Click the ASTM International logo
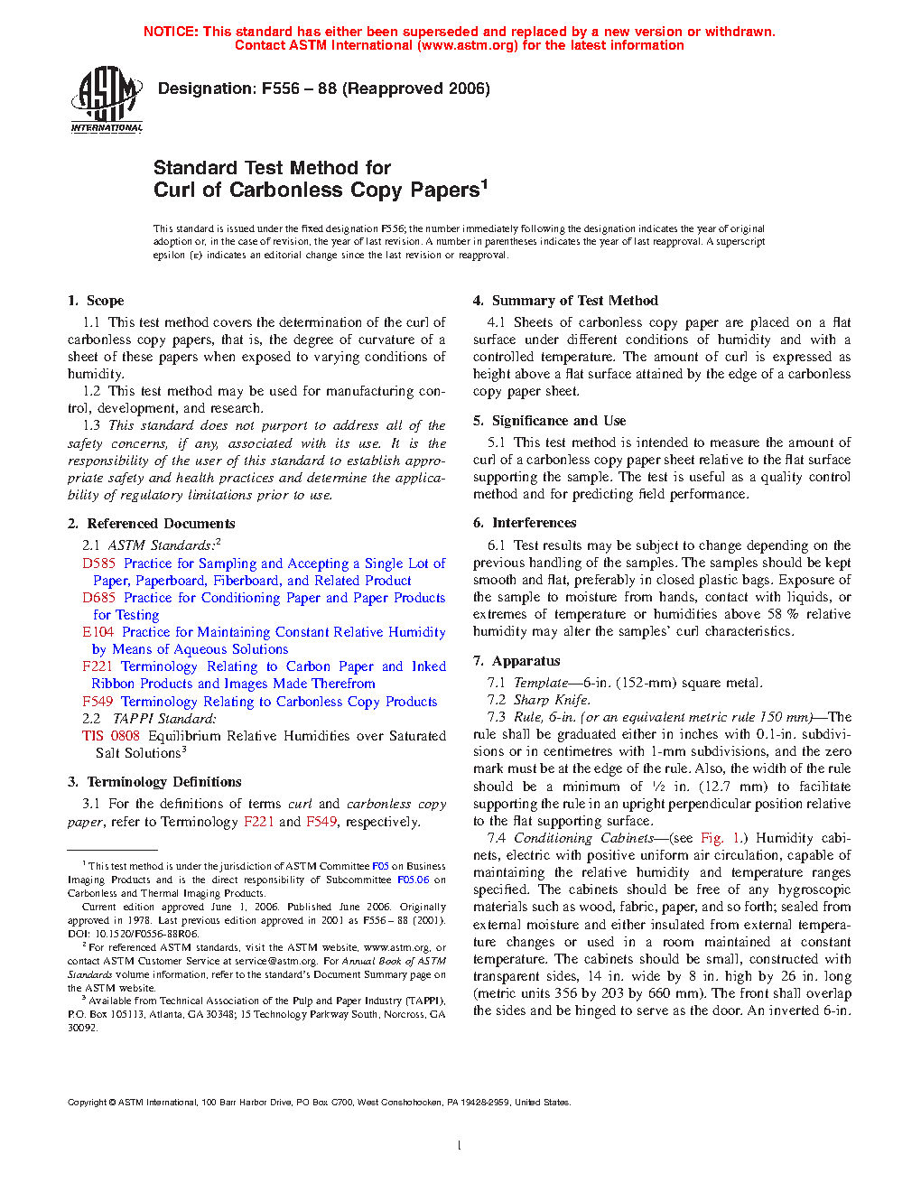click(107, 99)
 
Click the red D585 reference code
click(99, 563)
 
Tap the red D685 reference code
click(99, 598)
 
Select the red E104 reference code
click(98, 632)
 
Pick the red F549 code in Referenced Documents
click(98, 702)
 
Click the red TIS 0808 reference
click(111, 736)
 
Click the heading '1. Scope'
click(96, 301)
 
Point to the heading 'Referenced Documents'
click(161, 524)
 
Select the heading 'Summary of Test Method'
click(574, 301)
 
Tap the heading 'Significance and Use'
click(558, 421)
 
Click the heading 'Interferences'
click(534, 523)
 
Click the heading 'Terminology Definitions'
click(163, 782)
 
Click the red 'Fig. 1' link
click(720, 838)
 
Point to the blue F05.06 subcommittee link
click(413, 880)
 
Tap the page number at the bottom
click(460, 1146)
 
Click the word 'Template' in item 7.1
click(540, 683)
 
